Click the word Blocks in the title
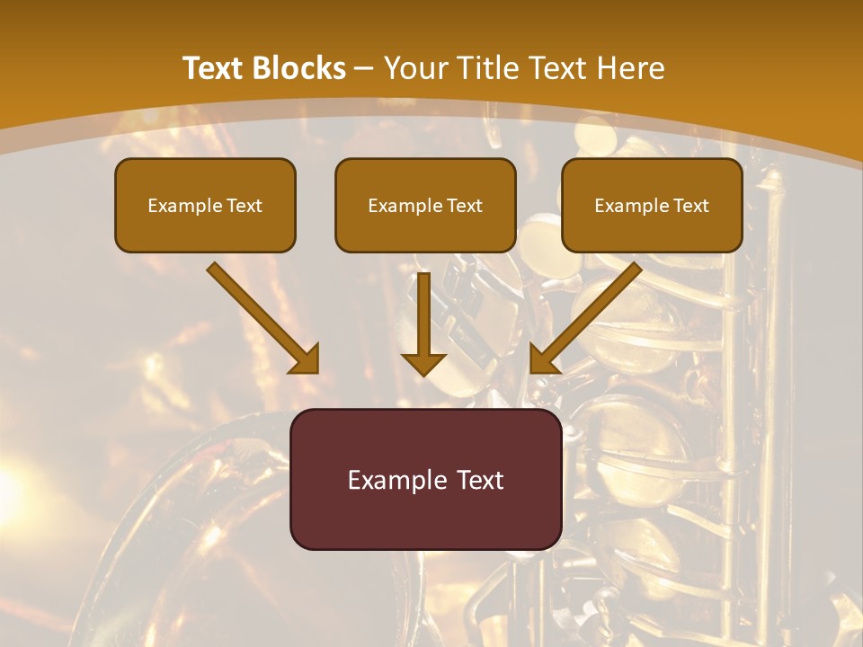tap(299, 68)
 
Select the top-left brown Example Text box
tap(205, 205)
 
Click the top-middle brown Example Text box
tap(425, 205)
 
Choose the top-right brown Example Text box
tap(652, 205)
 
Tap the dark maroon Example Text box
tap(425, 479)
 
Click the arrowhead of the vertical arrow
tap(423, 363)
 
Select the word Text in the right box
tap(690, 206)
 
